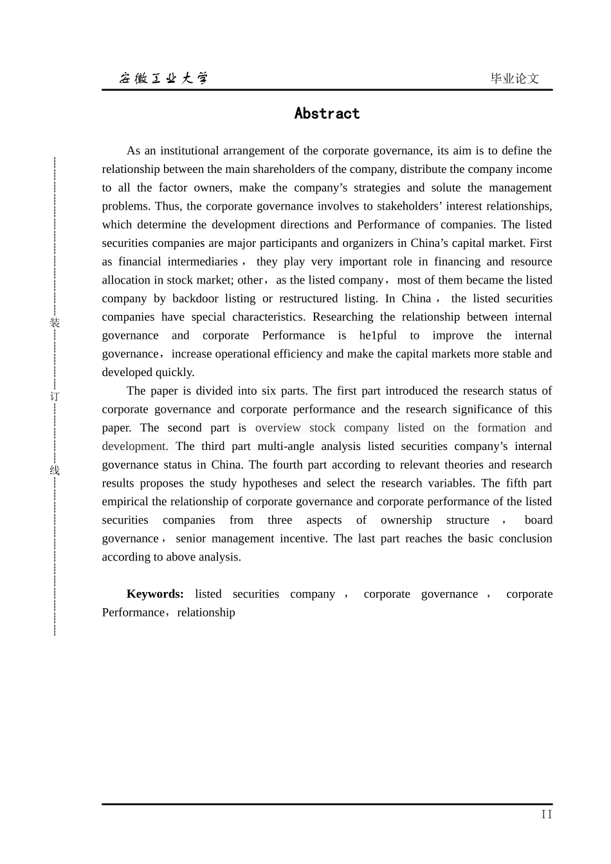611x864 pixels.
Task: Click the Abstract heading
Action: point(327,114)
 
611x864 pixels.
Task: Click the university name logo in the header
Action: point(163,78)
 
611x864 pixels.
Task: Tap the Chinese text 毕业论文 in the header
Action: point(514,78)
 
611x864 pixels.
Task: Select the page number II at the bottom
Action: point(546,815)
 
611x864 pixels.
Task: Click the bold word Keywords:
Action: point(155,594)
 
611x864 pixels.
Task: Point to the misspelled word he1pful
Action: point(378,336)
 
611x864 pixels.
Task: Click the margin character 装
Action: point(55,323)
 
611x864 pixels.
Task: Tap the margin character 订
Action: point(55,396)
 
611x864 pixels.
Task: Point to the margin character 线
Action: point(55,470)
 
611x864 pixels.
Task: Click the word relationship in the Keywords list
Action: point(206,613)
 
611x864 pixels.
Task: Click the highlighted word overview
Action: point(278,428)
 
